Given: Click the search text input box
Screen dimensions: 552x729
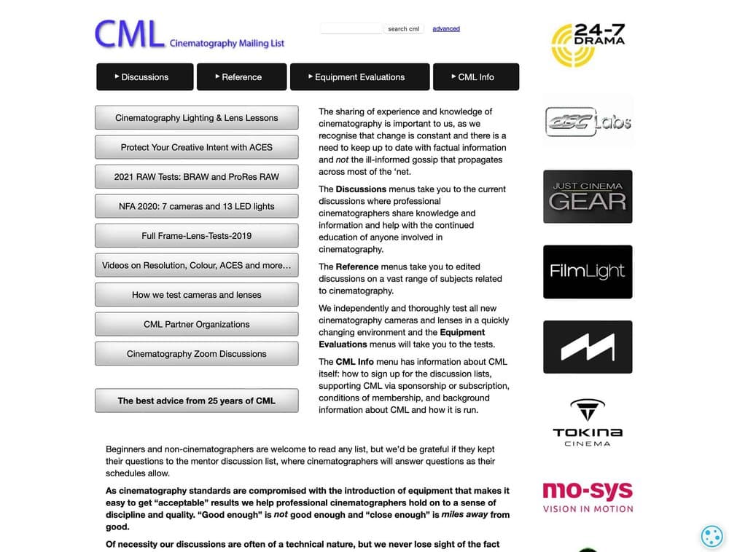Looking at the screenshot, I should click(351, 28).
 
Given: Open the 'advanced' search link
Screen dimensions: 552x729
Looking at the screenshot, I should click(446, 29).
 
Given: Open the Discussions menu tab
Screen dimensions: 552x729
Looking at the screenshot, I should click(145, 76).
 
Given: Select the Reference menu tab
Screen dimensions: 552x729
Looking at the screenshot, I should click(241, 76).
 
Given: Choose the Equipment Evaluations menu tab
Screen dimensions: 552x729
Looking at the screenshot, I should click(359, 76).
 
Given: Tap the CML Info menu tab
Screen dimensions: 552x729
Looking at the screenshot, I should click(476, 76).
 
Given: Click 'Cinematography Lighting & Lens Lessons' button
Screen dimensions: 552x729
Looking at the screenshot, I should click(197, 118).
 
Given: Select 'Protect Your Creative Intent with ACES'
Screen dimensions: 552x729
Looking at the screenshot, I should click(197, 147).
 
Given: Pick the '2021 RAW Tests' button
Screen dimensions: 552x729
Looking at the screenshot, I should click(197, 177).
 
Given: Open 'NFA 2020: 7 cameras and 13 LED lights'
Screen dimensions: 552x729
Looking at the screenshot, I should click(197, 206).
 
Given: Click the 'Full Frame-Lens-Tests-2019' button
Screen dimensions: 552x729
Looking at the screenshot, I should click(197, 236).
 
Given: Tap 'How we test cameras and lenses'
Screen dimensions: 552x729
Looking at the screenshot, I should click(197, 295).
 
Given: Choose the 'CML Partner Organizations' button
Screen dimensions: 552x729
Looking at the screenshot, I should click(197, 324).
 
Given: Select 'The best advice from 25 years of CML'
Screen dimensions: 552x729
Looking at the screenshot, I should click(197, 401).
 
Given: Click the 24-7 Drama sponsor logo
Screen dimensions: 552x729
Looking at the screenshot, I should click(588, 44).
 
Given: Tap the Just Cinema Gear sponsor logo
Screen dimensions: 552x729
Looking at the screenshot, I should click(588, 197).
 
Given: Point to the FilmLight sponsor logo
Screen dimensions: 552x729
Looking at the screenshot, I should click(588, 272).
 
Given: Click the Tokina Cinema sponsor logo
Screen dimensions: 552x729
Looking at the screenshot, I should click(588, 422).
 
